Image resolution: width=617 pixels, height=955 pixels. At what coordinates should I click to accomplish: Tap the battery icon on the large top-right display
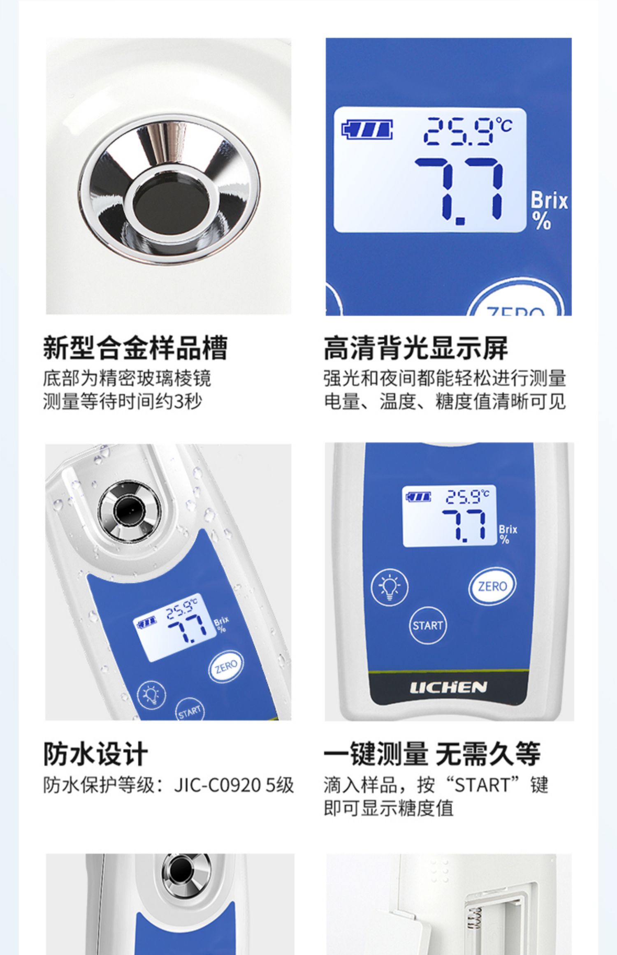367,130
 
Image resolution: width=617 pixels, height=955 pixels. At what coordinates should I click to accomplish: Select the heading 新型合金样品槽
135,348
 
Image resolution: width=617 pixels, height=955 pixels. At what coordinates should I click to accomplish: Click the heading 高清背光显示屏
415,348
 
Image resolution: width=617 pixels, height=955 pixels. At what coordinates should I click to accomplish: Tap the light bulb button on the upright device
390,586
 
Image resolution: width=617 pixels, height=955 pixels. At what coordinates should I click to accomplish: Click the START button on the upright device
428,626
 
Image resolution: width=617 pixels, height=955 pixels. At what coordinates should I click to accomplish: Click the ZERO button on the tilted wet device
226,666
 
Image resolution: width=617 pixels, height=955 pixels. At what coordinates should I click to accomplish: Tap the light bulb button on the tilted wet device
151,695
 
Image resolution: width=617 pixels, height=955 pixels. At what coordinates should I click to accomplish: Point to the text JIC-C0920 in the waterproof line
217,786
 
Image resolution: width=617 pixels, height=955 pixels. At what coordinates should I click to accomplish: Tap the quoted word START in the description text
482,786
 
